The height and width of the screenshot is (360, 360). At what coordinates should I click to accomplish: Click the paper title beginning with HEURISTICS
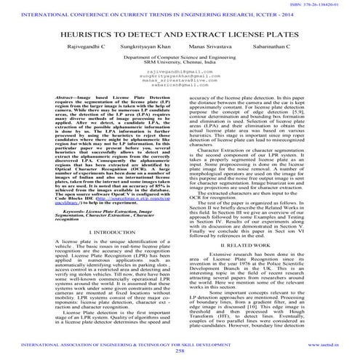point(180,36)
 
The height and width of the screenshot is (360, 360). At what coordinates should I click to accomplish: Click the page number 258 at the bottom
point(180,350)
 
